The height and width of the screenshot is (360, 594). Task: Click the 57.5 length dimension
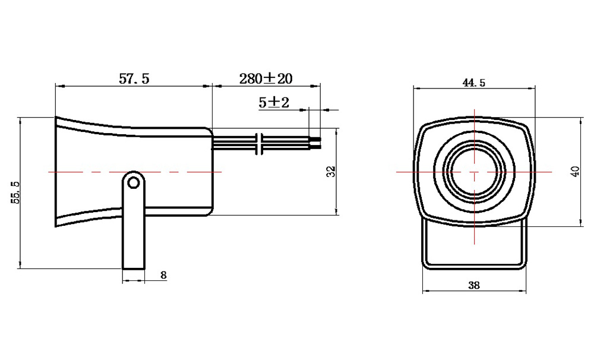(134, 79)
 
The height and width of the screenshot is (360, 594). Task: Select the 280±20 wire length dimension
(266, 78)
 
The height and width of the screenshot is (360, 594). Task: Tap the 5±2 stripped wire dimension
(273, 102)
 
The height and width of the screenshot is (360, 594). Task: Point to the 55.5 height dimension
(15, 192)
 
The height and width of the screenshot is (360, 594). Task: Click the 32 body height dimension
(331, 171)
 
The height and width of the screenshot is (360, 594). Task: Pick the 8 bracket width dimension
(163, 275)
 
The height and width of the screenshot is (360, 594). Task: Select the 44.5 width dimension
(473, 83)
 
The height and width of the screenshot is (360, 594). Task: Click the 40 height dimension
(576, 172)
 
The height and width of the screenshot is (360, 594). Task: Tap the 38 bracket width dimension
(474, 285)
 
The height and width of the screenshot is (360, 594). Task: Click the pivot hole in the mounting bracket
(133, 183)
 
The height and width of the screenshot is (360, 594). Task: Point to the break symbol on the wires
(260, 144)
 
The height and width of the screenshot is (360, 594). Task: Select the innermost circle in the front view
(474, 172)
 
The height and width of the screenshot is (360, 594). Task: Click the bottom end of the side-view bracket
(133, 269)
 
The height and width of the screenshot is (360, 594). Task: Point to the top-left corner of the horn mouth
(56, 116)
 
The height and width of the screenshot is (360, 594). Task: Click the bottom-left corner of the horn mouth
(56, 226)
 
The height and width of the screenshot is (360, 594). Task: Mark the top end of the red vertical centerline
(474, 109)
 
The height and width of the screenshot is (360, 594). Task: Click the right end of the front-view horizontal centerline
(552, 172)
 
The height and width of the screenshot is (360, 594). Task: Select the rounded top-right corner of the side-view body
(210, 131)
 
